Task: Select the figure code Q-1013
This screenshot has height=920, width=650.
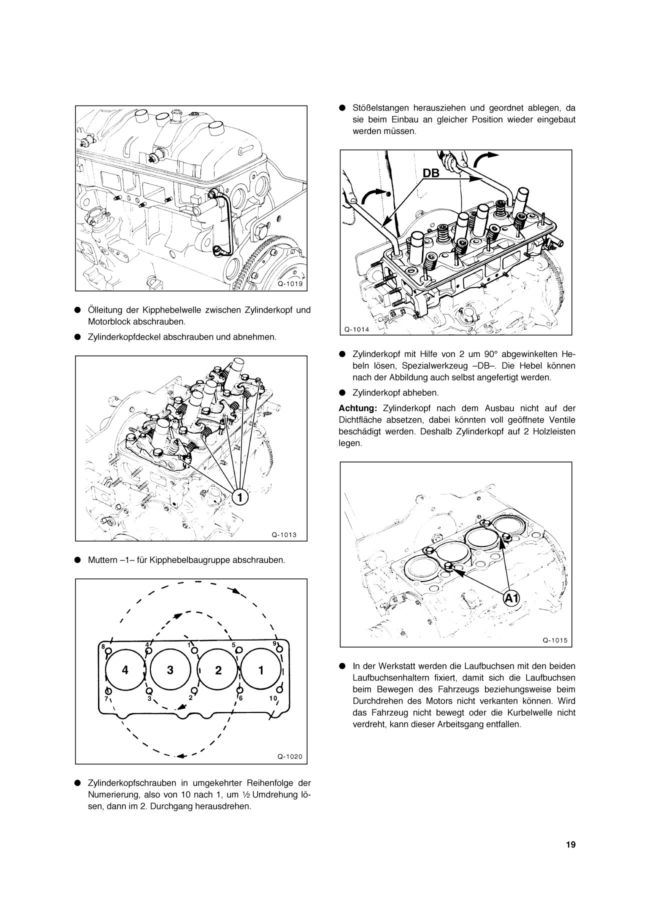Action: (x=284, y=534)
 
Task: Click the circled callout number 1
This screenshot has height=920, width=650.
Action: (x=239, y=497)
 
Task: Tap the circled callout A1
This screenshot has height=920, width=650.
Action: (x=511, y=597)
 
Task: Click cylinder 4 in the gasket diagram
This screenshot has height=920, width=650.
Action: (x=125, y=670)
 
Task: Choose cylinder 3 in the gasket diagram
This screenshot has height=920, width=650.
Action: (x=170, y=670)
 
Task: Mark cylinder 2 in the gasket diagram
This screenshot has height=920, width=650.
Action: (x=218, y=670)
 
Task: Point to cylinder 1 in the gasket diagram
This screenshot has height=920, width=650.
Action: (x=261, y=669)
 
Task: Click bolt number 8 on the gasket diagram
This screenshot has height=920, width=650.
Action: (x=103, y=646)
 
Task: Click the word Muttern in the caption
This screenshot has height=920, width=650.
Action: (x=102, y=560)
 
